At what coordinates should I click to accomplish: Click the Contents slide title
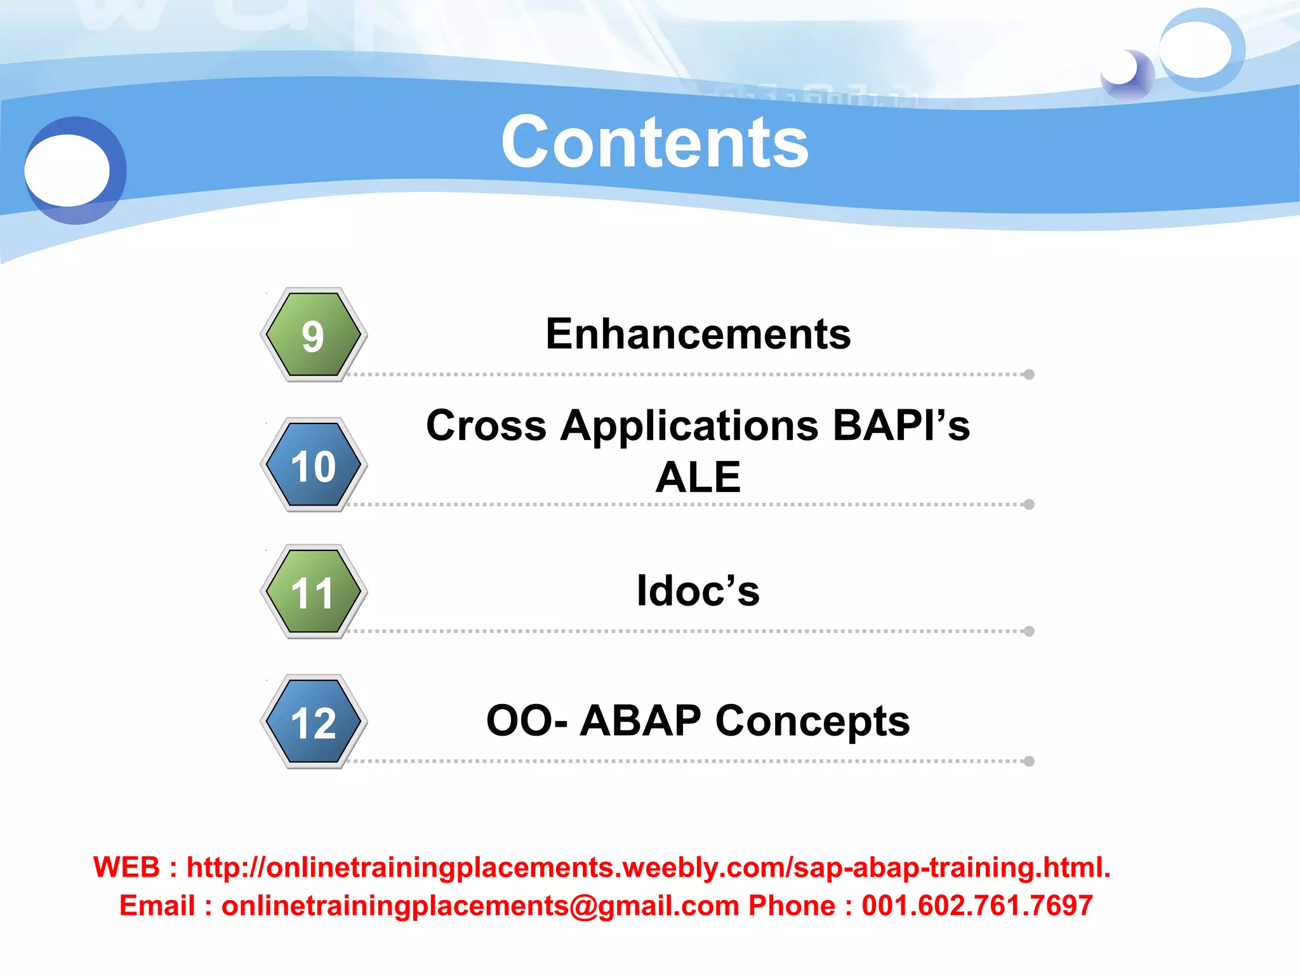coord(654,143)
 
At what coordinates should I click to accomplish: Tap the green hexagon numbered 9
coord(314,335)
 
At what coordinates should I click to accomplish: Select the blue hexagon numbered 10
coord(314,465)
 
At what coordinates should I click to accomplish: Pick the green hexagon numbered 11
coord(314,592)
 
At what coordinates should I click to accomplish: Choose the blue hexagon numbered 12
coord(314,722)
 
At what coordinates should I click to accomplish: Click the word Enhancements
coord(698,334)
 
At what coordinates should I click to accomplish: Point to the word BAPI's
coord(901,425)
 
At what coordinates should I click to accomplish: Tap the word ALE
coord(698,477)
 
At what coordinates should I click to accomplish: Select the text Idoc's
coord(698,591)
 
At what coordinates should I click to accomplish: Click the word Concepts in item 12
coord(812,721)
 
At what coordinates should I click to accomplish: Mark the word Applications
coord(689,427)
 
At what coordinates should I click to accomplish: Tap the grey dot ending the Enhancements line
coord(1029,375)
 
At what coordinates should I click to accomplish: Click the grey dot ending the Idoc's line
coord(1029,631)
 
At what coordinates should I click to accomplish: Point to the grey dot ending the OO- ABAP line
coord(1029,761)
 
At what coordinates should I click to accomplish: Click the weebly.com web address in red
coord(647,868)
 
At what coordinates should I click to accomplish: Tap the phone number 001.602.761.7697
coord(976,906)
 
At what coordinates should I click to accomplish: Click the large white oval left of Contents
coord(67,170)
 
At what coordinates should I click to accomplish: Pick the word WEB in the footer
coord(126,868)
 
